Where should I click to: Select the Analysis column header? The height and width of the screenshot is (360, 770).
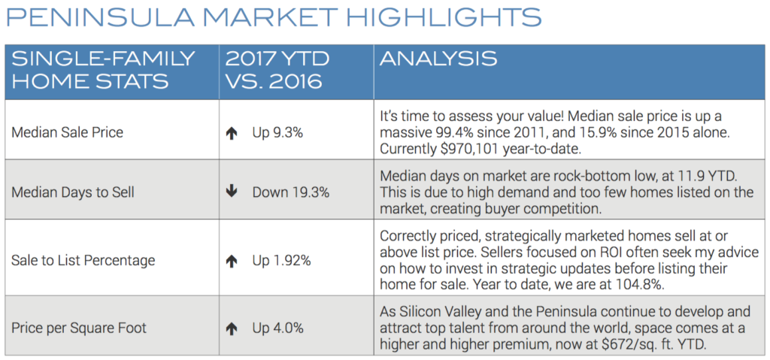click(x=438, y=59)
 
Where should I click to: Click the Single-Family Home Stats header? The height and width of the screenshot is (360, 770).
click(x=104, y=69)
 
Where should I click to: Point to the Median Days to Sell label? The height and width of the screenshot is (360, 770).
click(x=73, y=192)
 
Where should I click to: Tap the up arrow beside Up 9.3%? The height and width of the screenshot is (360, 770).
click(x=232, y=133)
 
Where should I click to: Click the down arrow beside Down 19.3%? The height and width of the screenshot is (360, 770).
click(x=232, y=192)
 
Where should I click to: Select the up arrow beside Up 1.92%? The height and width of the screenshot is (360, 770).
click(x=232, y=261)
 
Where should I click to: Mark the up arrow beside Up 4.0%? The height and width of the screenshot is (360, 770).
click(x=232, y=327)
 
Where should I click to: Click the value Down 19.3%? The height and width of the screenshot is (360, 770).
click(x=291, y=192)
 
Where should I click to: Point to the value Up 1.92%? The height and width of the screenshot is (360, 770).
click(x=282, y=261)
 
